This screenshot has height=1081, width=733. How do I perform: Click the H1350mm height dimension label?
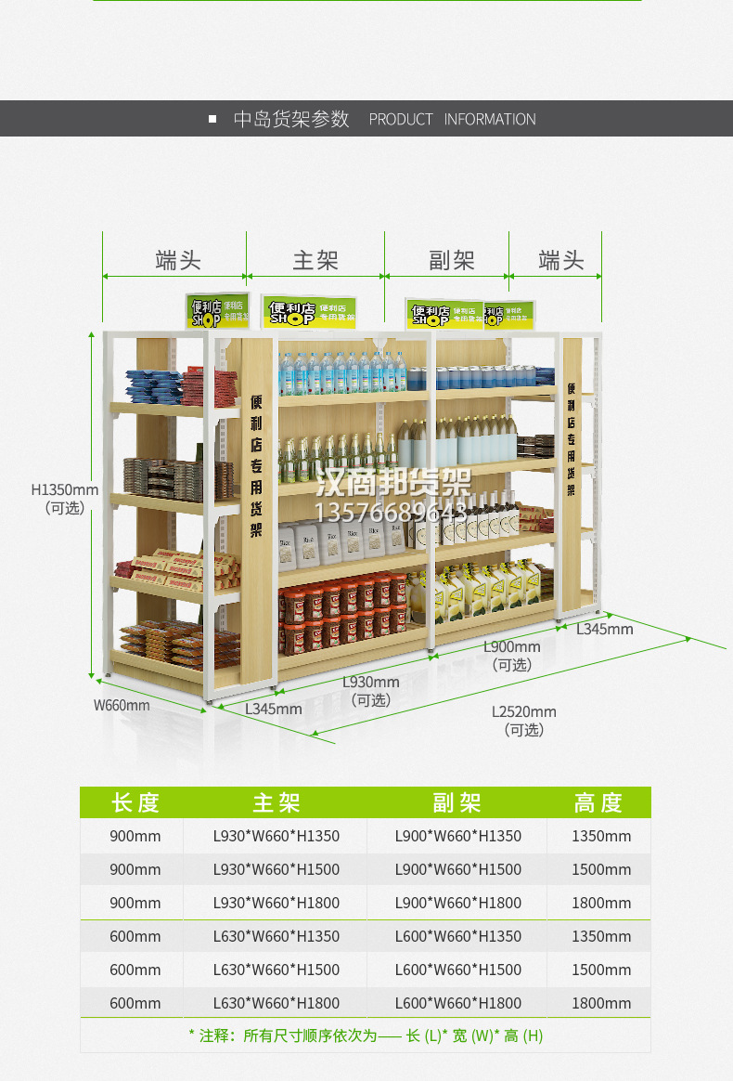point(65,489)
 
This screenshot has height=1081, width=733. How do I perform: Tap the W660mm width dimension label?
point(122,705)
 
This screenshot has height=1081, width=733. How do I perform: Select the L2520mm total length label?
point(524,712)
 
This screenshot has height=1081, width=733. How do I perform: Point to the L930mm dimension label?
point(371,683)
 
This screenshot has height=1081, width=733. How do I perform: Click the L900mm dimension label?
point(512,647)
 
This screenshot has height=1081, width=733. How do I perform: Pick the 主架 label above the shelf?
point(315,261)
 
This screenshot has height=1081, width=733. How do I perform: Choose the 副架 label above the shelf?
point(452,261)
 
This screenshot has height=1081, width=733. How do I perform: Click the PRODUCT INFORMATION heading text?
point(452,119)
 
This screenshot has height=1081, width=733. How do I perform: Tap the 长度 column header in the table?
point(135,802)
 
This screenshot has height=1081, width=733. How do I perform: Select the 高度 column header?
point(598,802)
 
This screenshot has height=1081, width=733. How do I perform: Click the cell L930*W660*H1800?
point(276,903)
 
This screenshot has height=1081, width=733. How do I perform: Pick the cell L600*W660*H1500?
point(458,970)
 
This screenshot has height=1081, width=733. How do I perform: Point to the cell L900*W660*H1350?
point(458,836)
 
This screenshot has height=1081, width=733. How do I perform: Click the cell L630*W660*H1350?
point(276,936)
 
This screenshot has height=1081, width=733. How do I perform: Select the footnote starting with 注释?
point(366,1035)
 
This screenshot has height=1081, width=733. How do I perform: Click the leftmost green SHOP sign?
point(216,312)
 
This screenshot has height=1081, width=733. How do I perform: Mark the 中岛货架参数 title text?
point(291,119)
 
